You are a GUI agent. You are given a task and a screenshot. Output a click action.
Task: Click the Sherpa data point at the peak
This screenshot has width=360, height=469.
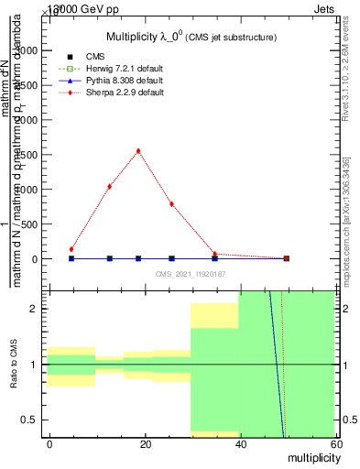138,151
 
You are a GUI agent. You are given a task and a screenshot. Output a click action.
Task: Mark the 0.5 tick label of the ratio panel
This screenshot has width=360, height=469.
32,420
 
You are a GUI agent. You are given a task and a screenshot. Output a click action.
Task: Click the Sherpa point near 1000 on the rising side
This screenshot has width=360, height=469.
110,186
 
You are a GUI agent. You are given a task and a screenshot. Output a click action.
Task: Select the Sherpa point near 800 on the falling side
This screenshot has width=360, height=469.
171,203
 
